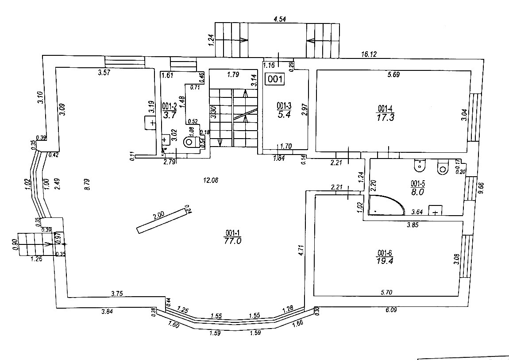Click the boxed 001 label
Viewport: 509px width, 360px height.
click(x=274, y=79)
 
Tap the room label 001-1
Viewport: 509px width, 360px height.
click(x=232, y=233)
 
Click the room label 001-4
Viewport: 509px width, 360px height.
click(x=385, y=108)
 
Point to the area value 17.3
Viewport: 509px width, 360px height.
click(x=385, y=118)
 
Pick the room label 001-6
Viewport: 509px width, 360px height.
click(x=384, y=253)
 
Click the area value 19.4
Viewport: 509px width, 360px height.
click(x=384, y=261)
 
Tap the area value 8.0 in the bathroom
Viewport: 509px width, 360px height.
click(x=418, y=192)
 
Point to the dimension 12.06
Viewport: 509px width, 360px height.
click(x=211, y=180)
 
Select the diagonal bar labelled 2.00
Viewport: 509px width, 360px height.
click(x=162, y=220)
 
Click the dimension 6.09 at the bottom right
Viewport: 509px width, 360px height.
click(x=391, y=310)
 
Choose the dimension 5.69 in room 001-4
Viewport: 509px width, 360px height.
click(x=393, y=75)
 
